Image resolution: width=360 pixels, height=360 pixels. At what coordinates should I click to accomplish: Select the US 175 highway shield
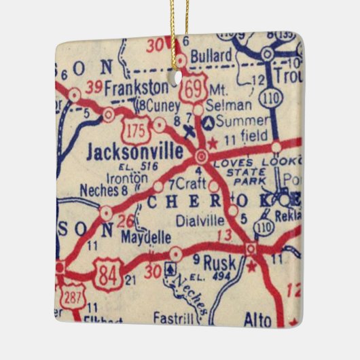point(133,127)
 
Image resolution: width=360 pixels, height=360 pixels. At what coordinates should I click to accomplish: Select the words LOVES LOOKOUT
point(255,164)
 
